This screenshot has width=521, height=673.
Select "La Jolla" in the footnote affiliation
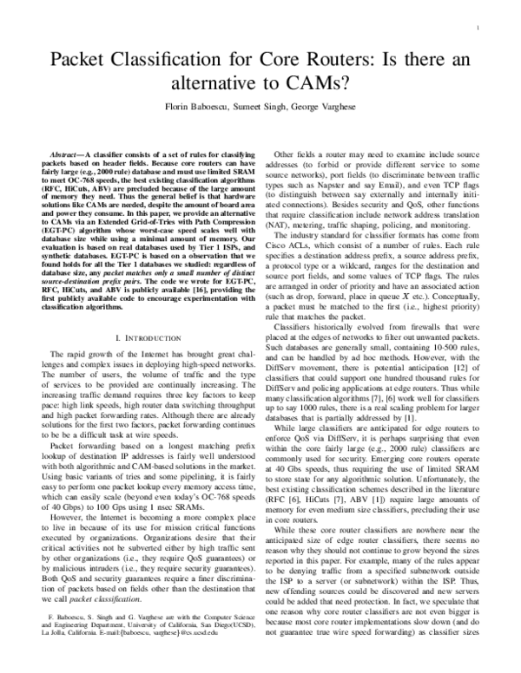pyautogui.click(x=53, y=645)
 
